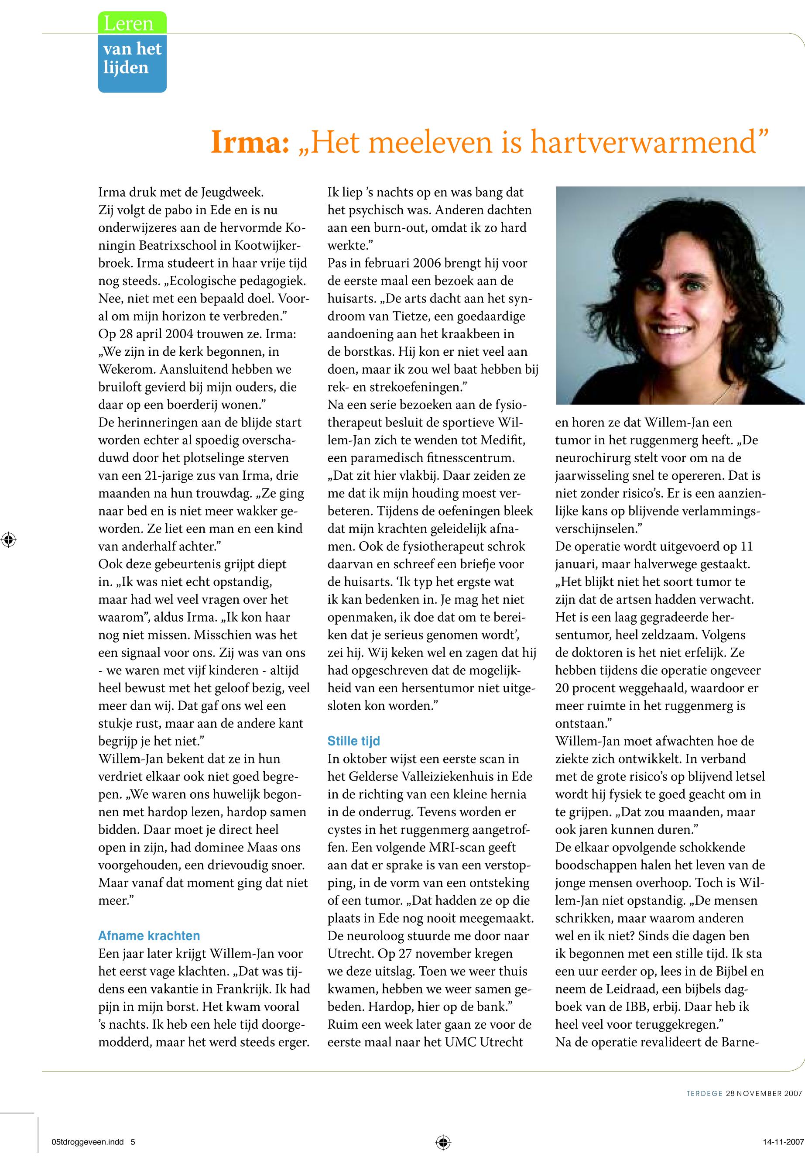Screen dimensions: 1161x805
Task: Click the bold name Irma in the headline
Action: pyautogui.click(x=249, y=142)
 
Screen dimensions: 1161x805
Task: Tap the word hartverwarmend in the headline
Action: pyautogui.click(x=644, y=142)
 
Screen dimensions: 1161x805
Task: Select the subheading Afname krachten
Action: pyautogui.click(x=149, y=935)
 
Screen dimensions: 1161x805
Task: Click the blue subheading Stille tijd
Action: pyautogui.click(x=353, y=741)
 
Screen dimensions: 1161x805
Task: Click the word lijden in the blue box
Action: pyautogui.click(x=126, y=68)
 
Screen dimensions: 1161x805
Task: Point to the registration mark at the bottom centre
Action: pyautogui.click(x=443, y=1142)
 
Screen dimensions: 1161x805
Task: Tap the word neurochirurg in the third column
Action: pyautogui.click(x=591, y=458)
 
